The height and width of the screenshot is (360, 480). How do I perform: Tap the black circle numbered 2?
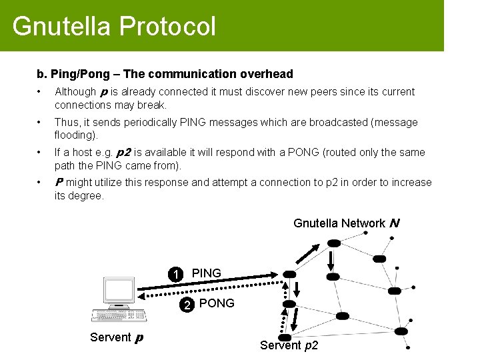[x=188, y=305]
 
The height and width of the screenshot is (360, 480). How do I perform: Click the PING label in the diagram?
[x=206, y=273]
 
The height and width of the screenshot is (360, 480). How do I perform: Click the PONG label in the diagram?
[x=217, y=303]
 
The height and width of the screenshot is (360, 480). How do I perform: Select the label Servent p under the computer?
[x=116, y=337]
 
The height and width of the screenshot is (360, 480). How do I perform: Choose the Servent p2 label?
[x=289, y=345]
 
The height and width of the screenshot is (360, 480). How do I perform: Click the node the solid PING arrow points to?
[x=289, y=274]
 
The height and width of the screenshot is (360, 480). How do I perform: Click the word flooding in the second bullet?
[x=74, y=135]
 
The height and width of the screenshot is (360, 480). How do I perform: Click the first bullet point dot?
[x=41, y=92]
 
